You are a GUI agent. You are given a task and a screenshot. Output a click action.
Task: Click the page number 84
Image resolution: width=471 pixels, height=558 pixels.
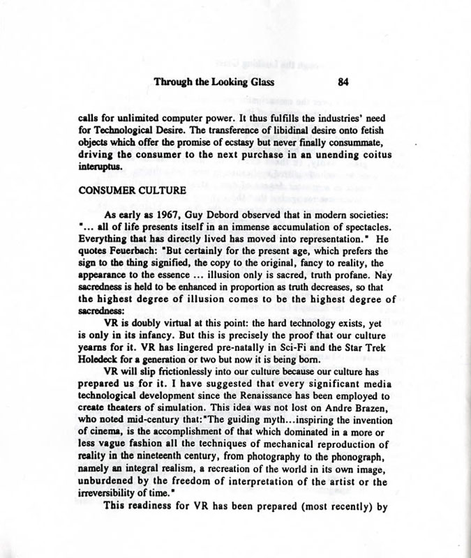(x=342, y=82)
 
